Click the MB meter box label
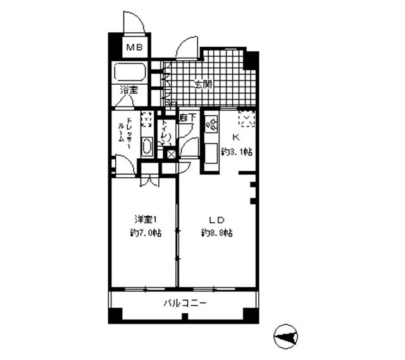tap(134, 47)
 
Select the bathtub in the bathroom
tap(130, 72)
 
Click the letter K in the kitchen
tap(235, 137)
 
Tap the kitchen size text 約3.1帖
tap(237, 152)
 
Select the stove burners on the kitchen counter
tap(209, 124)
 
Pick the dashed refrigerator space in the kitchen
tap(247, 118)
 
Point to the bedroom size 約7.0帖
tap(145, 233)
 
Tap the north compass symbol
tap(286, 337)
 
